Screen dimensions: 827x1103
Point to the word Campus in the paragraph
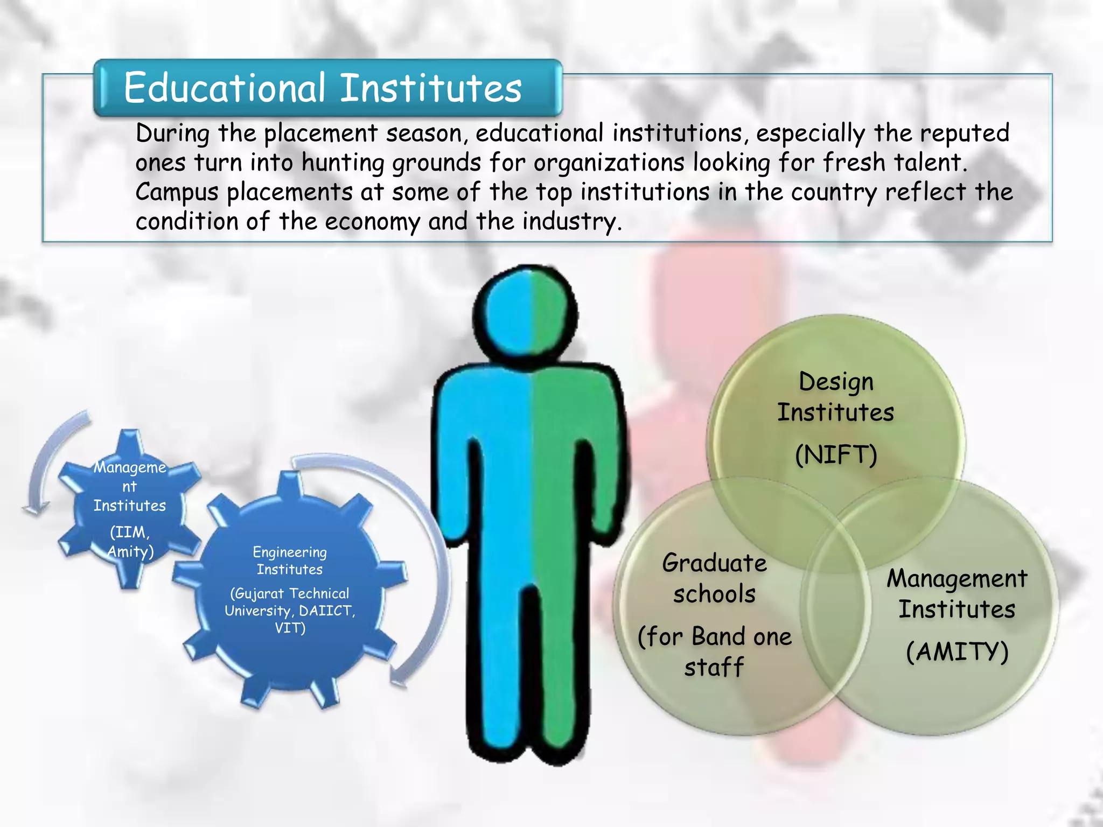coord(177,193)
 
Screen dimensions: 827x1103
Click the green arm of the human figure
coord(603,458)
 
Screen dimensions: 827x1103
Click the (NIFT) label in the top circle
coord(836,455)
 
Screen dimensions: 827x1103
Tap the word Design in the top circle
coord(836,382)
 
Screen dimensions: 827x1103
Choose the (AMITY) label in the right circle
coord(957,651)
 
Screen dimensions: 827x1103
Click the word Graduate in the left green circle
coord(714,563)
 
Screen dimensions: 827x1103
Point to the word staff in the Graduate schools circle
coord(714,668)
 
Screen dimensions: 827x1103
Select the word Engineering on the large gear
coord(290,552)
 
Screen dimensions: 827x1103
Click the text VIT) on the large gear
coord(290,628)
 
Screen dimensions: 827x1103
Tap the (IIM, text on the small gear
coord(130,532)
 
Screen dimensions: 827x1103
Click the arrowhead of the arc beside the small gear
coord(35,509)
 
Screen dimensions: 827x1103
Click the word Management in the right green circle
coord(957,579)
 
